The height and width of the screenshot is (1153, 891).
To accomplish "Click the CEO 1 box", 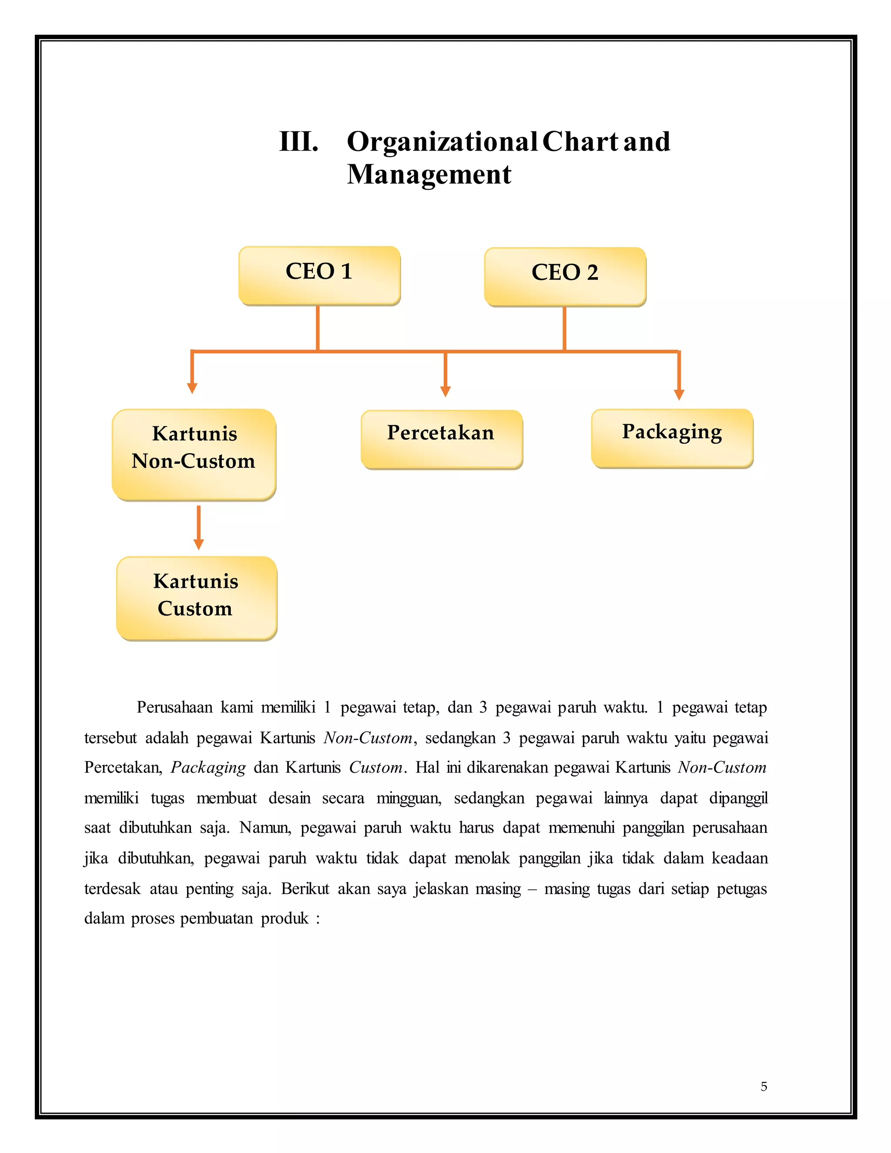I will point(319,275).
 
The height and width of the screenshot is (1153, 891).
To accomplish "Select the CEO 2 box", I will point(565,276).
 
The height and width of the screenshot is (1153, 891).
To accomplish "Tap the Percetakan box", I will point(441,438).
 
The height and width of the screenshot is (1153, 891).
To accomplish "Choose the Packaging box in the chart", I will point(672,437).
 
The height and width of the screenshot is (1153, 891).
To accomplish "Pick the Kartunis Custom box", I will point(196,598).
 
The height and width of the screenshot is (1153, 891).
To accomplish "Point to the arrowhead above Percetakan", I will point(445,391).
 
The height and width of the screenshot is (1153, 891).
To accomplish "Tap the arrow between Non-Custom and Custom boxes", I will point(198,528).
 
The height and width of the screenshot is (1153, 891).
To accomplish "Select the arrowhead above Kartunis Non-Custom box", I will point(192,388).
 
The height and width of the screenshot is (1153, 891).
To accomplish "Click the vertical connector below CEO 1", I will point(318,328).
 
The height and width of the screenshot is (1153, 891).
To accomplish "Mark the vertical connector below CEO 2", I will point(564,328).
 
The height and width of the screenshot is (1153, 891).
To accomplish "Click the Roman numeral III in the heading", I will point(299,141).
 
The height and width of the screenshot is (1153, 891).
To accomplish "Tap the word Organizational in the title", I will point(442,141).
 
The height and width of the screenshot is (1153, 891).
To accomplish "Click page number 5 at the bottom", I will point(763,1086).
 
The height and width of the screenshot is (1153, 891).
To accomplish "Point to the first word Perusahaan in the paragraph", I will point(174,707).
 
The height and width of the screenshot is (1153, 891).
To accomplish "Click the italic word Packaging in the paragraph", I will point(208,767).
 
